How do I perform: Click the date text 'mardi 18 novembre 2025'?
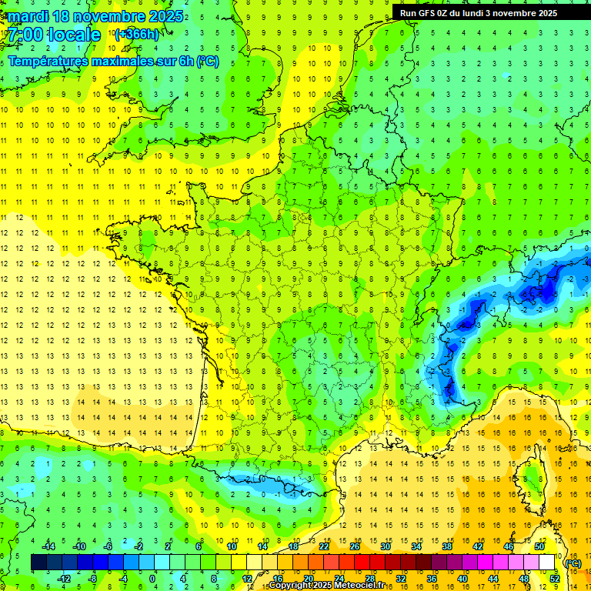click(95, 16)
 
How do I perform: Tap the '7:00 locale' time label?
click(54, 35)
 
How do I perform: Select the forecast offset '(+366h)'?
click(137, 35)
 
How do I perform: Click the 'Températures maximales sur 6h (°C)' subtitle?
click(112, 61)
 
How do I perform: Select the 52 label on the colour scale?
click(555, 579)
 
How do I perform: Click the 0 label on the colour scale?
click(153, 579)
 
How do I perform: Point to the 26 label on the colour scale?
click(355, 546)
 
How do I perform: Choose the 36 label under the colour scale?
click(432, 579)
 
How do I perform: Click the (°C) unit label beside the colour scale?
click(573, 563)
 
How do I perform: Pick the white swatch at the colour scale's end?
click(547, 563)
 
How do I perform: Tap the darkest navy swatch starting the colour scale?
click(38, 563)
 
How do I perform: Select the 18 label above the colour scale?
click(293, 546)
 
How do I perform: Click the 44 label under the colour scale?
click(493, 579)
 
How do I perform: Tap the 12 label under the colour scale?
click(246, 579)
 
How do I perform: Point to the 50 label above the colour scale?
click(539, 546)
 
